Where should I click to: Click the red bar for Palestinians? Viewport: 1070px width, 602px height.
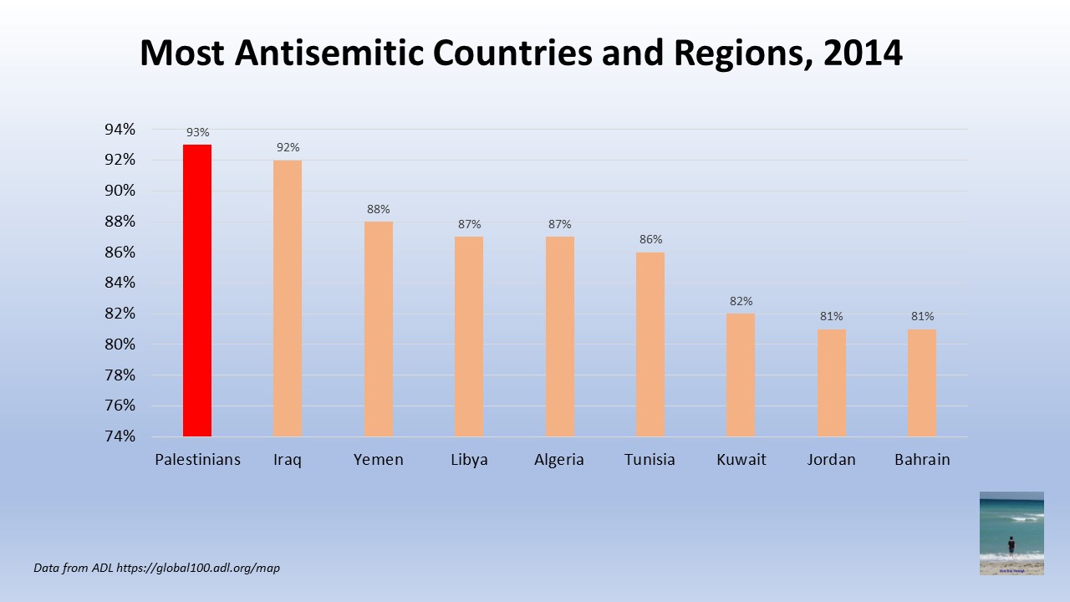197,290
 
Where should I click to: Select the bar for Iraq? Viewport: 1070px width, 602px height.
288,298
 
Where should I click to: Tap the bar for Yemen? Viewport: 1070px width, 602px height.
379,329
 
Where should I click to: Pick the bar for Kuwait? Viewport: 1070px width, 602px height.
741,375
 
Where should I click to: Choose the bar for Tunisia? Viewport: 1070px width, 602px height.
650,344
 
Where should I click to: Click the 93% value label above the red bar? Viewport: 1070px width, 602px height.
198,132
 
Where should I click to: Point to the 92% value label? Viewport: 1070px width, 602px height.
288,147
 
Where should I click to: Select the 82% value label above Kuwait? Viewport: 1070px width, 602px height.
741,301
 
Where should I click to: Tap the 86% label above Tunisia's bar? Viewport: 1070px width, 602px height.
650,239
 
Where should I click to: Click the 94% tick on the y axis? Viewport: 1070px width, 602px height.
120,130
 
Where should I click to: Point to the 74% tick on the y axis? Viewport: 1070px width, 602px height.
120,436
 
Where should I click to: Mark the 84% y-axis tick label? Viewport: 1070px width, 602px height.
120,283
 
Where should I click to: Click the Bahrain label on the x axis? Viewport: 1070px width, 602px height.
922,460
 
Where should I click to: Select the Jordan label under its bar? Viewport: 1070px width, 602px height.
831,460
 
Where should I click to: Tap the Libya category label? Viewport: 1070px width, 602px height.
469,460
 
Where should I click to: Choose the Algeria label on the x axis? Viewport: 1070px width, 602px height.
559,460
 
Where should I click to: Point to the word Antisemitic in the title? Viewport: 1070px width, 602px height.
330,54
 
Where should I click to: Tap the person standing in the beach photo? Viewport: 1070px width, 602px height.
1011,545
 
